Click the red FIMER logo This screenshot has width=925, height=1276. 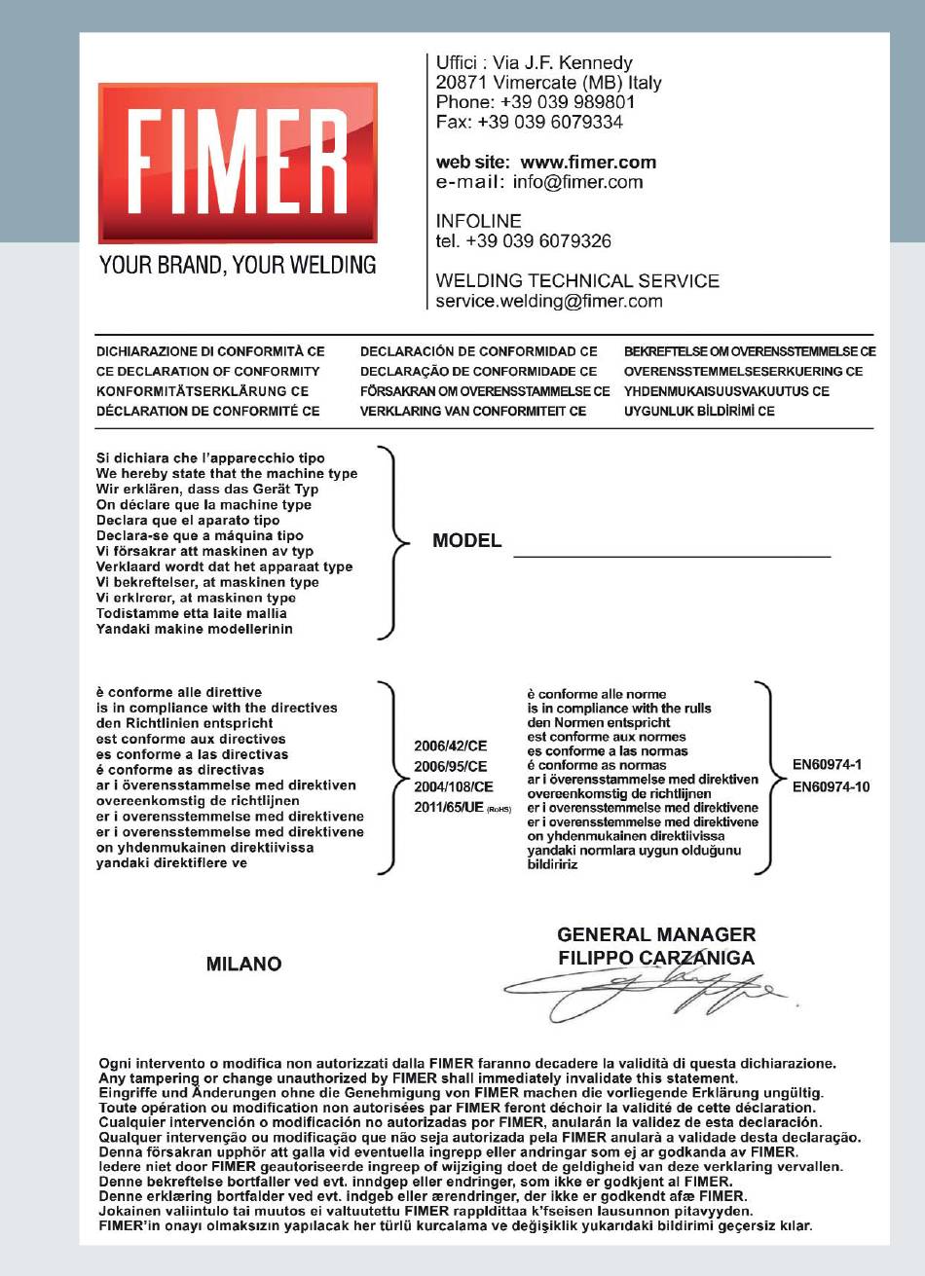coord(237,163)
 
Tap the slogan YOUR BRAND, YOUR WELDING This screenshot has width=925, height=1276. coord(237,264)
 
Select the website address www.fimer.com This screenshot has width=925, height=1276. coord(588,162)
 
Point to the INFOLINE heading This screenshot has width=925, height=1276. coord(478,221)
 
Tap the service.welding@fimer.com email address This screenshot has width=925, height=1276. coord(549,301)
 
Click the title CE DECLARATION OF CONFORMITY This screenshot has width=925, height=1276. coord(207,371)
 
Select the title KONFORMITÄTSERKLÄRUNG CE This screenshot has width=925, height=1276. coord(203,390)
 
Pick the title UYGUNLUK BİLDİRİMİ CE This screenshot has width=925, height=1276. coord(699,411)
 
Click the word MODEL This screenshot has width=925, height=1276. coord(466,541)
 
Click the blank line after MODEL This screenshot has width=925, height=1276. coord(672,554)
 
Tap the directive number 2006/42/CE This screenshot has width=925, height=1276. coord(451,747)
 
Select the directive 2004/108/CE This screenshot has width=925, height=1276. coord(454,786)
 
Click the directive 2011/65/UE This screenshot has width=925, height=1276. coord(449,807)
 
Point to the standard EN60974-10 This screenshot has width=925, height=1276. coord(831,786)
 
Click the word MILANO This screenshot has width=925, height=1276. coord(243,964)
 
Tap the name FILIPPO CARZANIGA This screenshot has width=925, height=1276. coord(655,958)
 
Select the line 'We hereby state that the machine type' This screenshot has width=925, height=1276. coord(227,473)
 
